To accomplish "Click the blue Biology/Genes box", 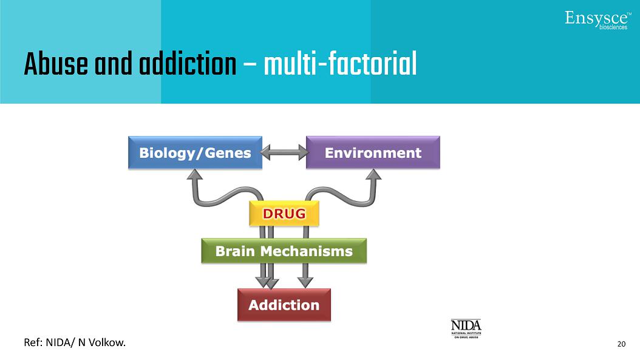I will point(195,152).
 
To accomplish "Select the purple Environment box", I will point(372,152).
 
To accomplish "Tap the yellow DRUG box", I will point(284,214).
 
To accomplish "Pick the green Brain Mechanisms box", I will point(284,251).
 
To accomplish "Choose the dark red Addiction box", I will point(284,305).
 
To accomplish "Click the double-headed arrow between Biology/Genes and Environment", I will point(284,152).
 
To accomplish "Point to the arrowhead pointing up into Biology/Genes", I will point(194,175).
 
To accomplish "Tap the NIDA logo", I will point(466,328).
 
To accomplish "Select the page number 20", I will point(621,344).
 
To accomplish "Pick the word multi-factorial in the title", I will point(340,64).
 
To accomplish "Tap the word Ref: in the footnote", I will point(33,343).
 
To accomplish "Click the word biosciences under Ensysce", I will point(613,27).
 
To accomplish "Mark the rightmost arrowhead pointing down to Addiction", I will point(306,281).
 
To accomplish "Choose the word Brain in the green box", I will point(236,251).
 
